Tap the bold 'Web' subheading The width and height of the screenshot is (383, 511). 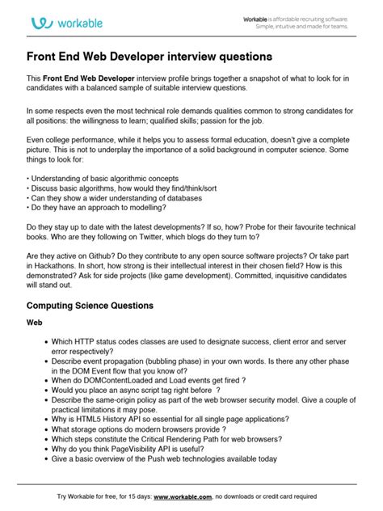coord(36,322)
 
